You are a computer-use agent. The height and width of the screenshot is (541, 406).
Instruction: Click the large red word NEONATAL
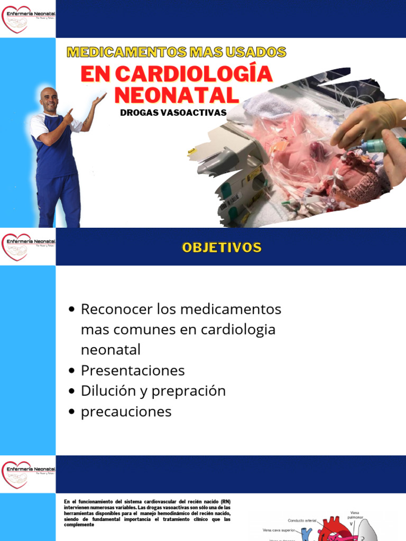click(x=177, y=95)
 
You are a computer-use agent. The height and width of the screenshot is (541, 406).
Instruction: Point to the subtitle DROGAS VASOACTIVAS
click(x=173, y=113)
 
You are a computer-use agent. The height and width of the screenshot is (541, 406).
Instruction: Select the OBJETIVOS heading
click(x=222, y=247)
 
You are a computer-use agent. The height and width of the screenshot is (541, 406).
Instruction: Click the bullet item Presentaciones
click(x=133, y=370)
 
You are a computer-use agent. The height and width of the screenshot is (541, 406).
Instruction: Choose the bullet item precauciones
click(x=126, y=412)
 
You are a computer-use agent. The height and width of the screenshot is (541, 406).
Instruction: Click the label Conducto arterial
click(x=302, y=520)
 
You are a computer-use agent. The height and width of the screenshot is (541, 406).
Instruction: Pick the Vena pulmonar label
click(x=356, y=515)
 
